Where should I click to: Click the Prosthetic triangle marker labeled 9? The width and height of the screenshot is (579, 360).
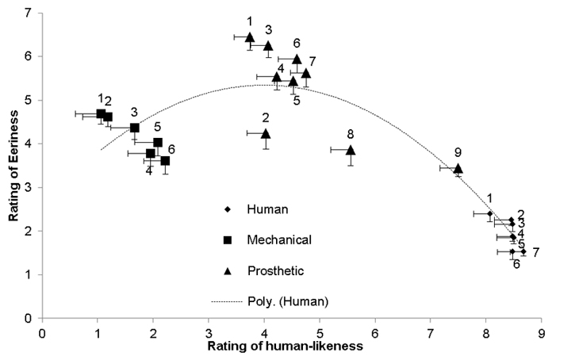click(458, 168)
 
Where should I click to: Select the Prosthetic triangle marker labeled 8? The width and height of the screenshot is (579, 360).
click(351, 150)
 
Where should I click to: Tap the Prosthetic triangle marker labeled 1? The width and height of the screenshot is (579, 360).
click(250, 36)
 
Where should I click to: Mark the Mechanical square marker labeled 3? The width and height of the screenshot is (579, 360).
click(135, 128)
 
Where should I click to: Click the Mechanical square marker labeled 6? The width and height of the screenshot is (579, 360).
click(165, 161)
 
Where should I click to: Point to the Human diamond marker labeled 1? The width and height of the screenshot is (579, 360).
click(489, 213)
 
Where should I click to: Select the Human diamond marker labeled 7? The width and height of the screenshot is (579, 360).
click(523, 251)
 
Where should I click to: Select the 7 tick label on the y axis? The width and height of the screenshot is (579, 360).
click(29, 13)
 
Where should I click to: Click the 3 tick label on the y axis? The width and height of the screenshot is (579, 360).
click(29, 188)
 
